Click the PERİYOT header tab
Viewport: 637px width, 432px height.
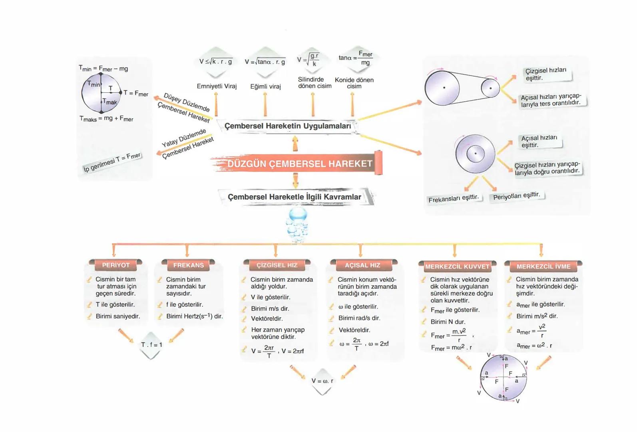[116, 265]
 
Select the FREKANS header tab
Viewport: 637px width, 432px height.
[188, 265]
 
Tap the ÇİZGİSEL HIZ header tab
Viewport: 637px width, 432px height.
[277, 265]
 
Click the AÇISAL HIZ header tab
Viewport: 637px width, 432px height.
[362, 265]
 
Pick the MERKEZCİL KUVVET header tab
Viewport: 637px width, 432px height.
[457, 266]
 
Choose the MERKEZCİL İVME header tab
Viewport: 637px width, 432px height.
[543, 266]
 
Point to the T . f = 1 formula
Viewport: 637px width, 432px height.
[151, 345]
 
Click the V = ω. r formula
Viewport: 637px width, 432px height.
[322, 381]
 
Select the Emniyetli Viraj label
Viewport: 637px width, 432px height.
[217, 86]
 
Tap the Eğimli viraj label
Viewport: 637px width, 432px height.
[265, 86]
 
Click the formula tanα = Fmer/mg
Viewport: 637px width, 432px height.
[356, 58]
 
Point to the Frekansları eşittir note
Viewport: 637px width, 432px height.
[453, 198]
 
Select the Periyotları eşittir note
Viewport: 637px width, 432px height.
[516, 196]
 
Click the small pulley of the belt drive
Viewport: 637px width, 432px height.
[490, 88]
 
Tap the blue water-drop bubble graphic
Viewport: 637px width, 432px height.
[298, 224]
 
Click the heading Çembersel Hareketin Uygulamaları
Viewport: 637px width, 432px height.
[288, 126]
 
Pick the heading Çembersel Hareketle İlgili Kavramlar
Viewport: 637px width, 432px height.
[294, 197]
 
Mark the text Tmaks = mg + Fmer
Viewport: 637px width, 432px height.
[106, 119]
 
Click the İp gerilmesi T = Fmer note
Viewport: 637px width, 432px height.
[112, 162]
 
